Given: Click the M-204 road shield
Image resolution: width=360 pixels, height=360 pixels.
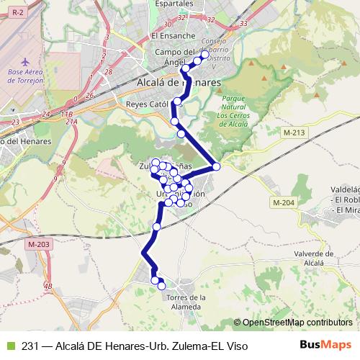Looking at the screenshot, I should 283,204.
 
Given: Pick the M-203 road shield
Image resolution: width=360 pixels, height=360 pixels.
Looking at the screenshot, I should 39,245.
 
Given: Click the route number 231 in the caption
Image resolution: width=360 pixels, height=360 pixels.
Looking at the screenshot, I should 30,346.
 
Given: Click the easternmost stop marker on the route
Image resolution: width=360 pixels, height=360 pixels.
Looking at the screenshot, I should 215,167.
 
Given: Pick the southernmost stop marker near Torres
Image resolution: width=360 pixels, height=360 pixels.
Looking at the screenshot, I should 161,286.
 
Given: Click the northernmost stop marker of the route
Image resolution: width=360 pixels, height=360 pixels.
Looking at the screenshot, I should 204,55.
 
